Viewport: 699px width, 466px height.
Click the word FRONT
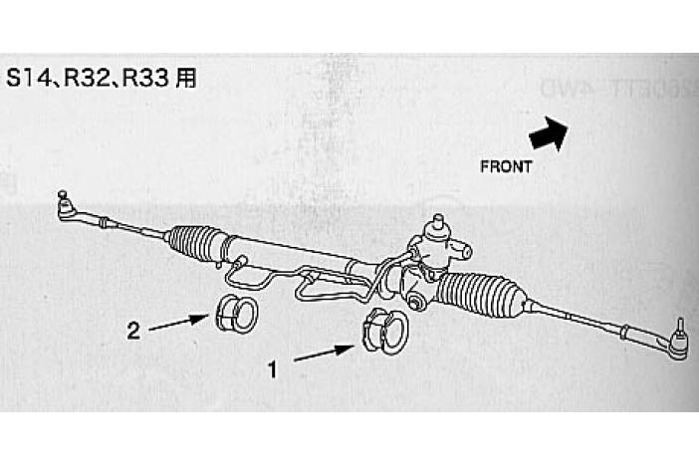[x=506, y=166]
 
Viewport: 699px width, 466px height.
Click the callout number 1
[x=271, y=368]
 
